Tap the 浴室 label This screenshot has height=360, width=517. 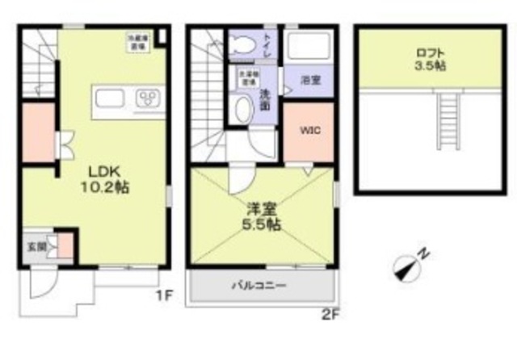click(x=309, y=81)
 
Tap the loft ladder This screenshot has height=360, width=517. click(x=448, y=119)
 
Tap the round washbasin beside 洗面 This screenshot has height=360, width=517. click(x=240, y=111)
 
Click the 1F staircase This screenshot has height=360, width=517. click(x=36, y=65)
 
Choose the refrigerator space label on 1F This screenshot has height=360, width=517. click(x=136, y=40)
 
